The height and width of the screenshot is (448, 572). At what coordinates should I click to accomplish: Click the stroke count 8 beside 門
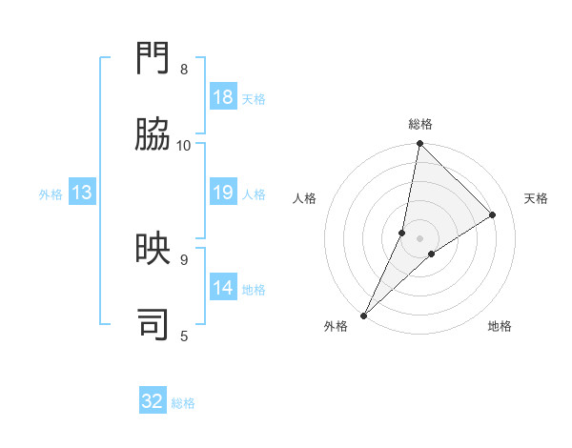184,70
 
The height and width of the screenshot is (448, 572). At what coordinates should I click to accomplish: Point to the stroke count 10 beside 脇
184,145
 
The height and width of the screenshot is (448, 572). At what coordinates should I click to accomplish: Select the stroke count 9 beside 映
184,258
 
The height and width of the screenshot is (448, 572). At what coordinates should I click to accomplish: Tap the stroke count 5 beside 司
184,335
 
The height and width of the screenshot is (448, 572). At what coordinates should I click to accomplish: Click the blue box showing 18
223,97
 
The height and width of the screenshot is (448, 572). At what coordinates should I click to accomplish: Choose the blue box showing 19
223,193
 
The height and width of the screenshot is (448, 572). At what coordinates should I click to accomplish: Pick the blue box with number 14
223,288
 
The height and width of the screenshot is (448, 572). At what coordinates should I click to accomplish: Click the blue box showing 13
82,193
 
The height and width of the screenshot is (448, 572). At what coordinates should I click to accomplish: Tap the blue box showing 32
153,401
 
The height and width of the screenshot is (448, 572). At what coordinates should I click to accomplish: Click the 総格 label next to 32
183,403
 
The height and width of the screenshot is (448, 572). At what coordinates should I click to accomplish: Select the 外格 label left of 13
51,194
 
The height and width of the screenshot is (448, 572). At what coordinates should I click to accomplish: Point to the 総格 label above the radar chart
420,124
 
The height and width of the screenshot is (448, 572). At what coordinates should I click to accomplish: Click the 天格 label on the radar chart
536,198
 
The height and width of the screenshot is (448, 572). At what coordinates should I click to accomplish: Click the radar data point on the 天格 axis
493,215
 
